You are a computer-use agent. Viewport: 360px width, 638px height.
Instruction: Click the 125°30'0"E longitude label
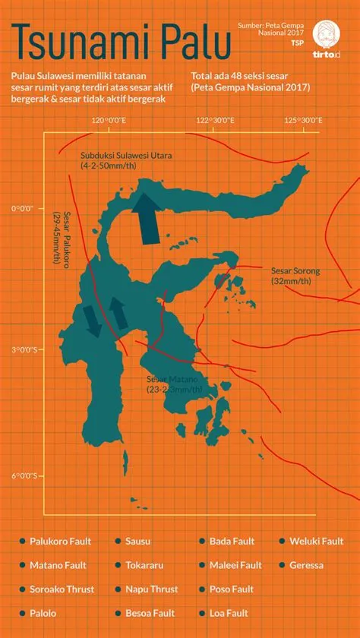pos(306,121)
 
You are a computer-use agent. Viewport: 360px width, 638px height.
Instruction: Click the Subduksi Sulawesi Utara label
pos(126,159)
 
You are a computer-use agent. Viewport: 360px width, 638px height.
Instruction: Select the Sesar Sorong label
pos(295,275)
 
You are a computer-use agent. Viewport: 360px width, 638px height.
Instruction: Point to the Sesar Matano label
pos(174,384)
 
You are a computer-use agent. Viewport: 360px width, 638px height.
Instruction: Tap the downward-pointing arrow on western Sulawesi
pos(93,321)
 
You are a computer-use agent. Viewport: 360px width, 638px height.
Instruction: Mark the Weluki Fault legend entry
pos(316,541)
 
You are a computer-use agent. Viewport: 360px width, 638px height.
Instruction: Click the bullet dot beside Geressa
pos(282,565)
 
